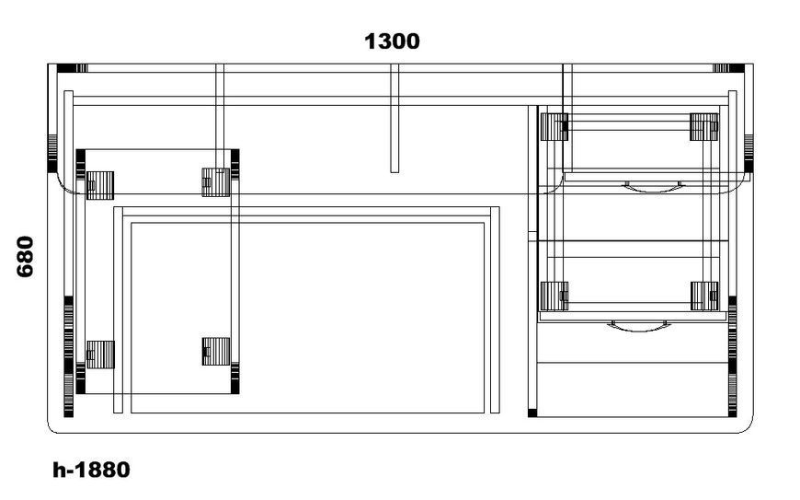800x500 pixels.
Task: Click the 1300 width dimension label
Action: tap(392, 41)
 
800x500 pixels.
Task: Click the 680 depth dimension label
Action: tap(25, 256)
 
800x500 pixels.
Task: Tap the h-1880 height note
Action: tap(91, 470)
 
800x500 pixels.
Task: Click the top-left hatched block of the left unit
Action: tap(100, 185)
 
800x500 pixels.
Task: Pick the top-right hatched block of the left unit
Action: tap(216, 182)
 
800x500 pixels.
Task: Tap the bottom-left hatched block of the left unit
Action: tap(100, 355)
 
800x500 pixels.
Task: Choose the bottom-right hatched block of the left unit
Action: tap(216, 352)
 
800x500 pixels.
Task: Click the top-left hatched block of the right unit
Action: tap(554, 127)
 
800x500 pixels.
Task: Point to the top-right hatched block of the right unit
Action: tap(704, 127)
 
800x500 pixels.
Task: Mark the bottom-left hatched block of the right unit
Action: tap(554, 297)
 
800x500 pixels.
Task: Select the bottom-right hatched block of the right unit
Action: tap(704, 297)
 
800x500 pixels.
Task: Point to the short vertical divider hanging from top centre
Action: tap(394, 119)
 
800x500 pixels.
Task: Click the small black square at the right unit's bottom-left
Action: tap(532, 413)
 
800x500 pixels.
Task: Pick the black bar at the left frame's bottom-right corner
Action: tap(235, 378)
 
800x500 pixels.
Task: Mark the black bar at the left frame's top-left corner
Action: tap(81, 165)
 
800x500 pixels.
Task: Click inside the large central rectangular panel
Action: tap(308, 318)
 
